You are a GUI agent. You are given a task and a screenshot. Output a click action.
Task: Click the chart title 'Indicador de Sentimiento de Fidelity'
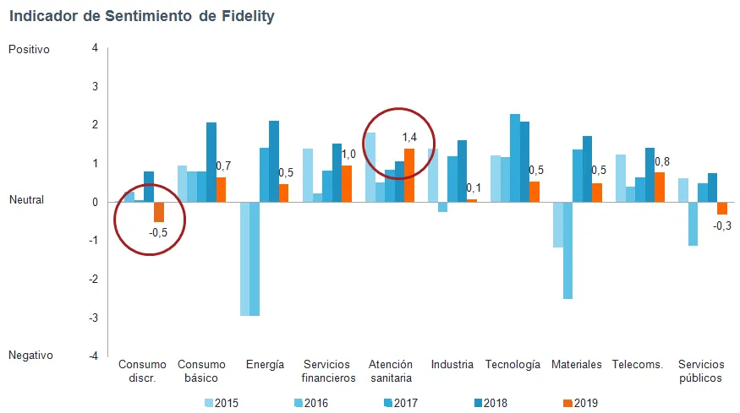tap(142, 16)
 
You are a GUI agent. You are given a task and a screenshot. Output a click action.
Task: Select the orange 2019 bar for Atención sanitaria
tap(409, 176)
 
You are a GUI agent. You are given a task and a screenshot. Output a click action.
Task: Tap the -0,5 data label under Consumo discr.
tap(158, 232)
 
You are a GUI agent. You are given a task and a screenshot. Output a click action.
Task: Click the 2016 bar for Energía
tap(255, 258)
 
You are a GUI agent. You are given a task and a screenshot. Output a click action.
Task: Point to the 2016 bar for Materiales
tap(567, 250)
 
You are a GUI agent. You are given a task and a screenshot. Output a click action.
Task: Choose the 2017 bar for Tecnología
tap(515, 159)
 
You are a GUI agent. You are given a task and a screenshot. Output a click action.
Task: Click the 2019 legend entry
tap(580, 403)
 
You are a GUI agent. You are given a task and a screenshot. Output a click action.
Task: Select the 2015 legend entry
tap(222, 403)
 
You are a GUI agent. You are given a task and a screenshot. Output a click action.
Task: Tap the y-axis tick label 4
tap(96, 48)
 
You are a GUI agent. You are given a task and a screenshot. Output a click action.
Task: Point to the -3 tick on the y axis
tap(93, 318)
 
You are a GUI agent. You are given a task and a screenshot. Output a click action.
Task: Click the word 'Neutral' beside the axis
tap(26, 200)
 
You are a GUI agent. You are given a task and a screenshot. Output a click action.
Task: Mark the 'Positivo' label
tap(29, 50)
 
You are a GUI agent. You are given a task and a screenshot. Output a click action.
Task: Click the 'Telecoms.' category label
tap(638, 365)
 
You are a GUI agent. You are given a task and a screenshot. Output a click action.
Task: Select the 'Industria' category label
tap(452, 365)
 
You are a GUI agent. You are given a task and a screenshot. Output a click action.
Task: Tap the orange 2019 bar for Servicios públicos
tap(722, 209)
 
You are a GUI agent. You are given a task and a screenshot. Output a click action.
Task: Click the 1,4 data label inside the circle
tap(409, 137)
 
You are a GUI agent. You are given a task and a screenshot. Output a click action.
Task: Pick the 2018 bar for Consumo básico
tap(211, 163)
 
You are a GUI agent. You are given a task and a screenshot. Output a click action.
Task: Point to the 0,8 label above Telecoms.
tap(662, 161)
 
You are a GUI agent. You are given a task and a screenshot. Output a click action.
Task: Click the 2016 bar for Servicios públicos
tap(693, 224)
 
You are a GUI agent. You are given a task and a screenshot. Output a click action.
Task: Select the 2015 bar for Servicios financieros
tap(308, 176)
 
